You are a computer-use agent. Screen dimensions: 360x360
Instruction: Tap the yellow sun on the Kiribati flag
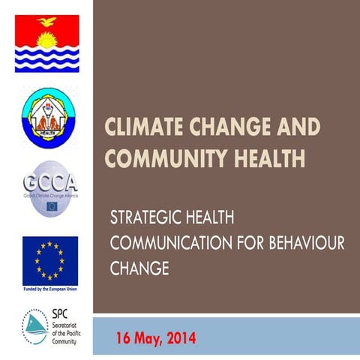click(46, 38)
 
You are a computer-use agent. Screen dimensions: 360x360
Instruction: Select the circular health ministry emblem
click(48, 118)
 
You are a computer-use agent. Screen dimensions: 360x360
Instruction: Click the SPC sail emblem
click(34, 327)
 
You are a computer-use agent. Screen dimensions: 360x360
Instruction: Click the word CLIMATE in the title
click(145, 127)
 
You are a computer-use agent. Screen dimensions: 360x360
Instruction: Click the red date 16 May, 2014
click(157, 338)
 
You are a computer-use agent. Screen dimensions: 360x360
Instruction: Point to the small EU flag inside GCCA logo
click(52, 205)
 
